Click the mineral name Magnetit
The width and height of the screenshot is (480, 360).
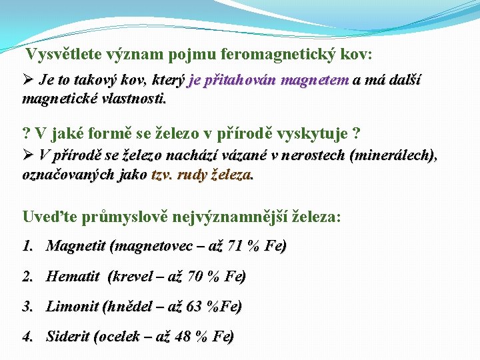pyautogui.click(x=75, y=246)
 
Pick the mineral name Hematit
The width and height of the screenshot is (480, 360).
pyautogui.click(x=73, y=276)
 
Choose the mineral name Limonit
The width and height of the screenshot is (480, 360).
pyautogui.click(x=71, y=307)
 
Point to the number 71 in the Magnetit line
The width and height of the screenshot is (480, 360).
pyautogui.click(x=235, y=246)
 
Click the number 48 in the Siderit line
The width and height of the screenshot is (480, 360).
pyautogui.click(x=183, y=337)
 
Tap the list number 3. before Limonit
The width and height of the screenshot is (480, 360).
pyautogui.click(x=28, y=307)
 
